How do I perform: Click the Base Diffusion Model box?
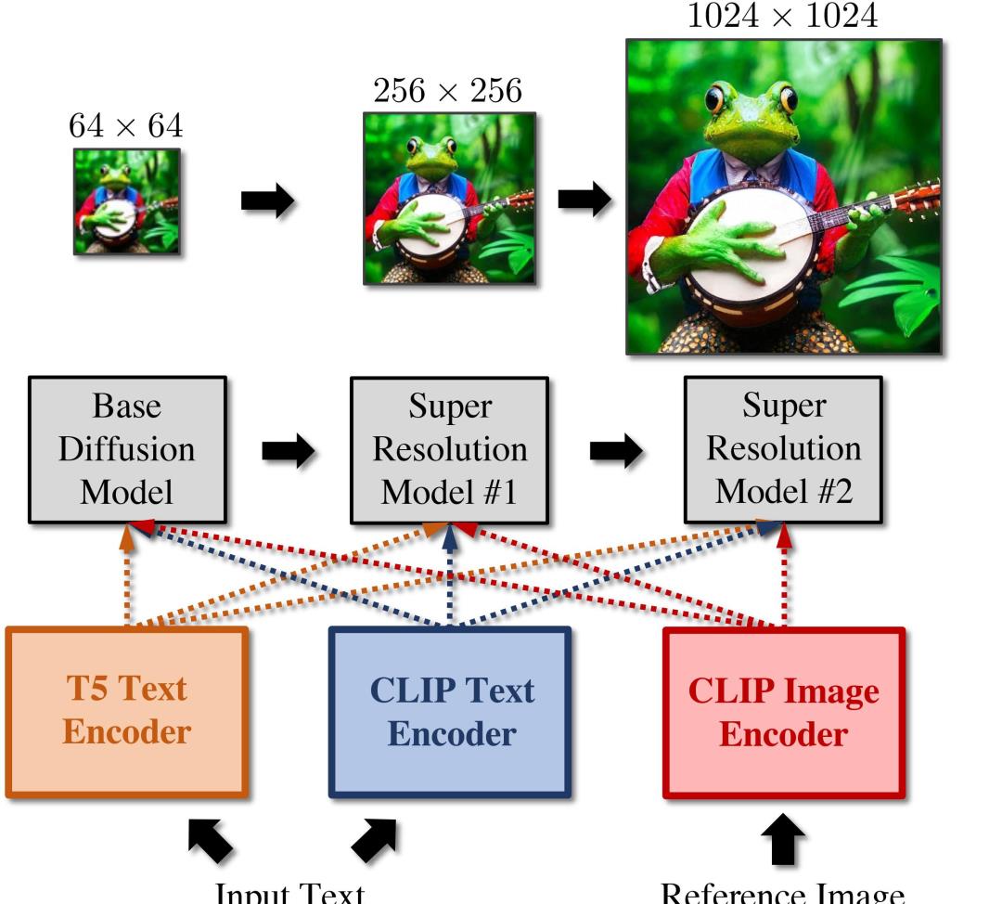[127, 449]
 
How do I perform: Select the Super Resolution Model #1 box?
[450, 449]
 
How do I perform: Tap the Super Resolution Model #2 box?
[784, 449]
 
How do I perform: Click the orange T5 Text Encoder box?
[127, 712]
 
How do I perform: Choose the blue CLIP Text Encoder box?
[451, 712]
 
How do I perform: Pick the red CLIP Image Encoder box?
[784, 712]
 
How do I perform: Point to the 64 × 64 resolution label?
[126, 125]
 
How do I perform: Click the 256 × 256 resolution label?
[448, 91]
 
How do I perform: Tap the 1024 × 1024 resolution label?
[782, 16]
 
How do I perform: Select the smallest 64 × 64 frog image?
[127, 200]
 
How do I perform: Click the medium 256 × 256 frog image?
[449, 198]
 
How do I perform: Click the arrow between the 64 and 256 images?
[267, 200]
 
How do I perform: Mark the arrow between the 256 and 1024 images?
[584, 199]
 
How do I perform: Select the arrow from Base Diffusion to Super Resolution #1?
[289, 450]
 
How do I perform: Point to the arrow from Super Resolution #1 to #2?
[616, 450]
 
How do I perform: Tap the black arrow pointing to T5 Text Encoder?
[211, 839]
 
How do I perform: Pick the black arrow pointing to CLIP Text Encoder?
[375, 839]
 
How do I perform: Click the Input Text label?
[289, 892]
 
